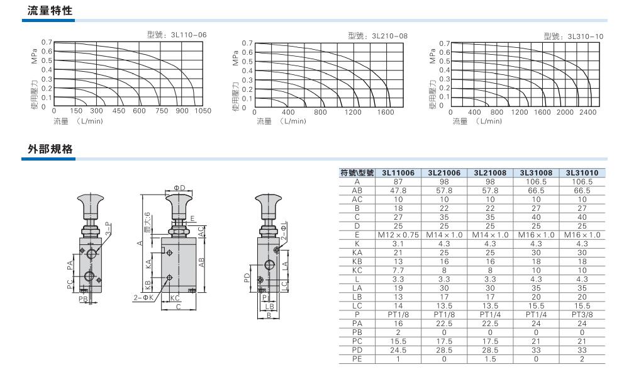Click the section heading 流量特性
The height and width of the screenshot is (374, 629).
point(50,11)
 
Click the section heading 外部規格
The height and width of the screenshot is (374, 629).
point(50,149)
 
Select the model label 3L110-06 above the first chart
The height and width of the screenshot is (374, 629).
point(189,35)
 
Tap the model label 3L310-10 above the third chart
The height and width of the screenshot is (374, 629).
point(585,37)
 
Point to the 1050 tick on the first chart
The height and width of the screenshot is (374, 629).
point(203,111)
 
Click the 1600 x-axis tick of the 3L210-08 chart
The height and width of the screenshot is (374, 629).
point(386,112)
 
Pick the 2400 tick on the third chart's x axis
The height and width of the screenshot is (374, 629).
point(587,112)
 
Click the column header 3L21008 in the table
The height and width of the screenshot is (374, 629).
point(490,173)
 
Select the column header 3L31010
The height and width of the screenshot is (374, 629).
point(582,173)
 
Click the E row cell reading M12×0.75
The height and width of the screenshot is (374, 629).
point(398,235)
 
